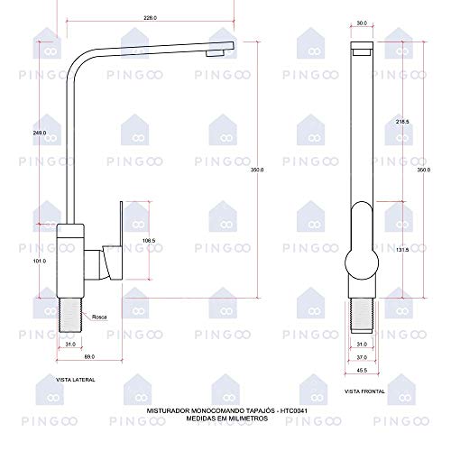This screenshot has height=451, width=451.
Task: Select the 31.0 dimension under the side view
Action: [71, 343]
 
